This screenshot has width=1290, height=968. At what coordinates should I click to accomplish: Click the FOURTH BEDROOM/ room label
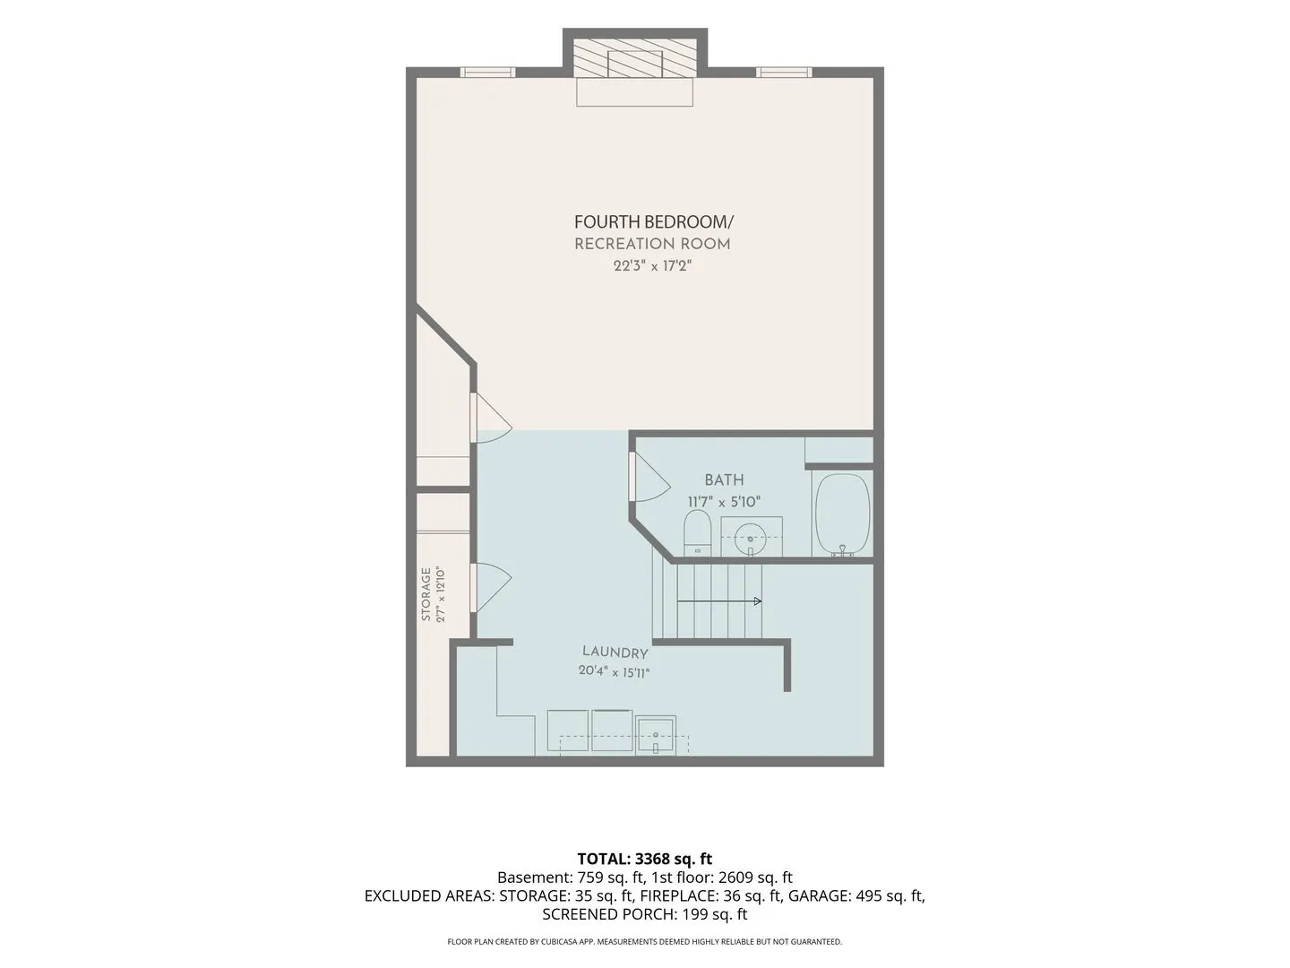click(654, 222)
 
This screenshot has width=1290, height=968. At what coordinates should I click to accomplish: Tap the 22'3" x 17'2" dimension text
click(652, 265)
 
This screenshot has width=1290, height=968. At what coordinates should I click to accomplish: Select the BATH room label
click(724, 480)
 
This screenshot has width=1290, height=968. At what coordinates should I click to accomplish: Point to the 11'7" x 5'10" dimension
click(724, 502)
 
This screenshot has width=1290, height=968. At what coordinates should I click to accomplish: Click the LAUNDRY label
click(615, 652)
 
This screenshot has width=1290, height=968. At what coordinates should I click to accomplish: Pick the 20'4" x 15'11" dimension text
click(615, 671)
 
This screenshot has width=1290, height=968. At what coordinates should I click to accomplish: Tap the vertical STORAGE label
click(426, 594)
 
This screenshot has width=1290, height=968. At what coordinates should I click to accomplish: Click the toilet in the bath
click(698, 533)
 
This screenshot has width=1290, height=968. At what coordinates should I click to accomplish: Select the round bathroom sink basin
click(750, 539)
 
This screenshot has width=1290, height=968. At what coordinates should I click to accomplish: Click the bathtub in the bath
click(842, 514)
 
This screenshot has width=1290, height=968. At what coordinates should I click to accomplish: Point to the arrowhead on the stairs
click(758, 601)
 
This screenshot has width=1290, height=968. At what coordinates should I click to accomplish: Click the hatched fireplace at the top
click(635, 57)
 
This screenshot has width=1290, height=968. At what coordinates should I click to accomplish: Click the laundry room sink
click(656, 735)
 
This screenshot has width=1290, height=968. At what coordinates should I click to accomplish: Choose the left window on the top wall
click(487, 73)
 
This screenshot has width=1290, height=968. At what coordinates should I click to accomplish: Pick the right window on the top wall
click(783, 73)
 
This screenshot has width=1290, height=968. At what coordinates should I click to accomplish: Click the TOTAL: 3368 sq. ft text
click(645, 859)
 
